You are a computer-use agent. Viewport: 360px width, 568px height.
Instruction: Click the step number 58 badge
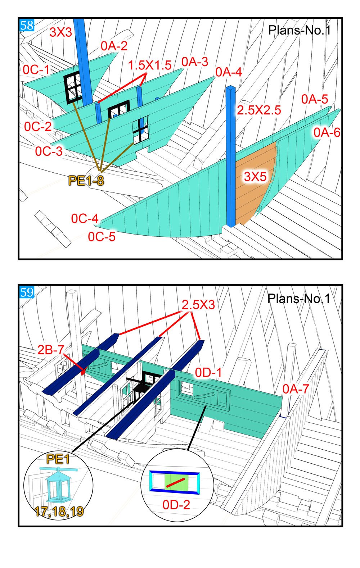click(27, 25)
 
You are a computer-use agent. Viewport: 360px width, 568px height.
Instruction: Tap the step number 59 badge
click(27, 292)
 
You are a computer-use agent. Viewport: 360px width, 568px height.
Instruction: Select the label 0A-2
click(114, 46)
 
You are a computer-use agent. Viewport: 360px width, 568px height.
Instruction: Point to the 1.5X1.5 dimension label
click(150, 65)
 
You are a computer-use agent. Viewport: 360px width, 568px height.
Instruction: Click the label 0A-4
click(229, 72)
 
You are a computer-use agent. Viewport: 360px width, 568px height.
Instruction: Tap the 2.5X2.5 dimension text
click(259, 110)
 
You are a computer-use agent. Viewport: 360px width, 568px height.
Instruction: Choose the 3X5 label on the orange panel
click(255, 177)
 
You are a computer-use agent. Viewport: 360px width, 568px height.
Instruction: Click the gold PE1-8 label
click(86, 181)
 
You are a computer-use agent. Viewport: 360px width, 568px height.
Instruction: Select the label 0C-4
click(85, 219)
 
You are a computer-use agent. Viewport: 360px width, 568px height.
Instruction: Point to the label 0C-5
click(102, 237)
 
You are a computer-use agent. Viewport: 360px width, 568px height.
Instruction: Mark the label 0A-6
click(327, 133)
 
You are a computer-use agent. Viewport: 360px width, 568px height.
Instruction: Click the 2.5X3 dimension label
click(198, 305)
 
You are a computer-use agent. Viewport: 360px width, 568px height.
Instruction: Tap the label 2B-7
click(50, 350)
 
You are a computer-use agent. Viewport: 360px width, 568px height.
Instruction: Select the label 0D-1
click(208, 373)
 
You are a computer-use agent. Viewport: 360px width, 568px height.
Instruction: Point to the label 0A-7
click(296, 389)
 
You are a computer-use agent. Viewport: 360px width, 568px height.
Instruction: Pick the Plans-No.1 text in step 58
click(300, 31)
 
